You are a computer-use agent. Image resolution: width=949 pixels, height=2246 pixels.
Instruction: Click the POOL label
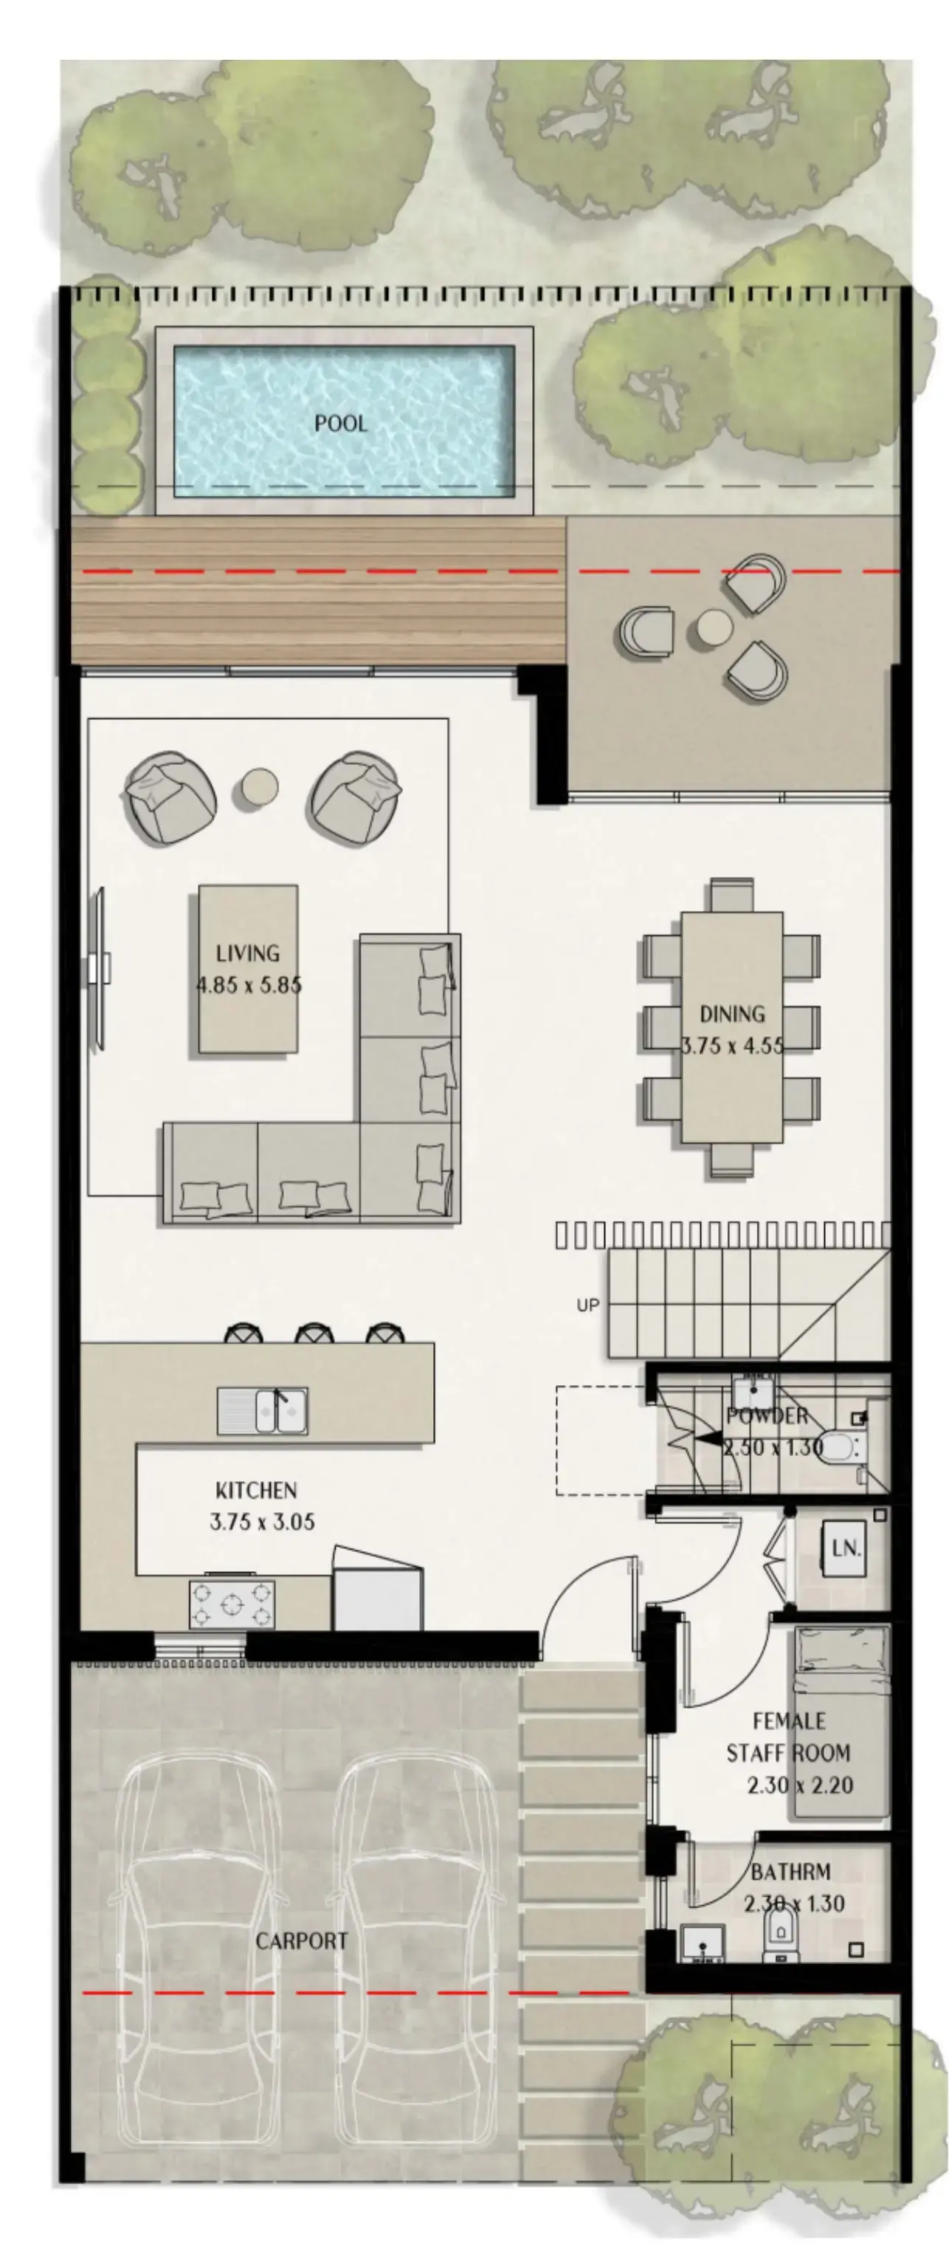341,424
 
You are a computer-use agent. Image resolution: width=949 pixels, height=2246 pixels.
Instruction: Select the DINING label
732,1014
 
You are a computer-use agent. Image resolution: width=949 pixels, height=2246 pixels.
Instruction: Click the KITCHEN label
256,1490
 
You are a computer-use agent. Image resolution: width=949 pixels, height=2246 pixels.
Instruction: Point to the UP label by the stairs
588,1305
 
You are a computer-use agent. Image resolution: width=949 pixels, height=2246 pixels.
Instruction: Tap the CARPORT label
302,1941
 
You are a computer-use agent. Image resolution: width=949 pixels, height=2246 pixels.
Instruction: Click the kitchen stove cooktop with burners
232,1604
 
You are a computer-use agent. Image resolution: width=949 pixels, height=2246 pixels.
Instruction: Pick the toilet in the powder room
838,1448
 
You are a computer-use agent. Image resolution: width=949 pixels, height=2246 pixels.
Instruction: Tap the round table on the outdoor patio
714,628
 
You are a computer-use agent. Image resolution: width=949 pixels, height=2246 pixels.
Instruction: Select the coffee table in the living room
249,968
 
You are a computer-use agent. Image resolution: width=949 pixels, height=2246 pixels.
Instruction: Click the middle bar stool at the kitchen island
314,1334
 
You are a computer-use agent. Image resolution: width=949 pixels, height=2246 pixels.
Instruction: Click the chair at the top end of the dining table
731,895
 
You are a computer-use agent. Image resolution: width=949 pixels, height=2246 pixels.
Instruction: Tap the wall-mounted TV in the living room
100,968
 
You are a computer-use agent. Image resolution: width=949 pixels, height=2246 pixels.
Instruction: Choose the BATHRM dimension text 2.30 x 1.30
794,1903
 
